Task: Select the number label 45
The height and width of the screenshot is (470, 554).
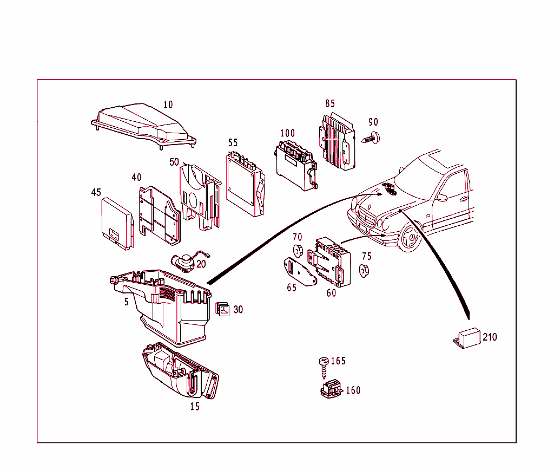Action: tap(96, 192)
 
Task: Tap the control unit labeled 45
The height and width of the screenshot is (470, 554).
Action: tap(116, 222)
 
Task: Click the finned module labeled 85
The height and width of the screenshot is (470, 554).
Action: tap(337, 140)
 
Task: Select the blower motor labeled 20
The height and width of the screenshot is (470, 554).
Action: tap(185, 262)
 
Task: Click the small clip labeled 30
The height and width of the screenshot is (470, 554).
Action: tap(222, 309)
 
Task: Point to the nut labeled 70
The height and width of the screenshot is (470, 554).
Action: tap(297, 251)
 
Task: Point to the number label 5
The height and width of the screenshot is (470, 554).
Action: tap(127, 302)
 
